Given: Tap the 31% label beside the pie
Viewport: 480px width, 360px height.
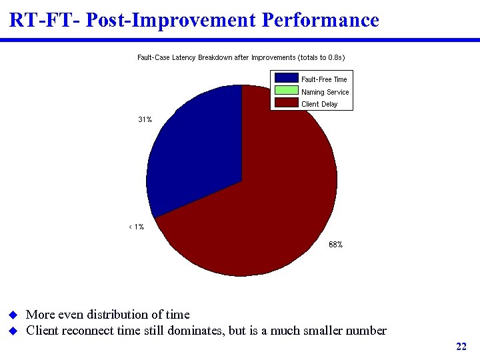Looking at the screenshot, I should coord(145,120).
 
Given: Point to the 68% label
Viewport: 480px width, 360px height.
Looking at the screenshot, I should coord(335,245).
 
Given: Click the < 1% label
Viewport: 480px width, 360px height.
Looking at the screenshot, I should coord(136,227).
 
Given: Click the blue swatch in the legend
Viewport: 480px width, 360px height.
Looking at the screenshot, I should coord(287,79).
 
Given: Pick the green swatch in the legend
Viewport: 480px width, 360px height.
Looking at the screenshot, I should coord(287,91).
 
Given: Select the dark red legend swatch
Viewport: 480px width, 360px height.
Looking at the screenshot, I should coord(287,103).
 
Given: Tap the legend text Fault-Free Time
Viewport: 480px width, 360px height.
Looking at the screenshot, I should coord(324,79).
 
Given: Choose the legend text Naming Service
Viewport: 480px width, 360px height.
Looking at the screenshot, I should coord(325,92).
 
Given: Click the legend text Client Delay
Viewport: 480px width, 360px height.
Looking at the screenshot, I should coord(319,104).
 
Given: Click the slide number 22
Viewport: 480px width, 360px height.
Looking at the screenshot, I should coord(461,346).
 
